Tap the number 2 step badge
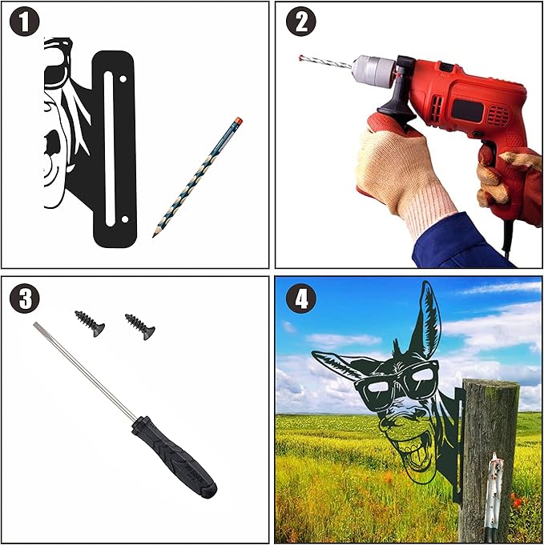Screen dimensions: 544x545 (300, 21)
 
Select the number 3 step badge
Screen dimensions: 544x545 (24, 299)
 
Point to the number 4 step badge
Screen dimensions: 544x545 (300, 299)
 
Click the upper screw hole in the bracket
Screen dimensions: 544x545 (123, 79)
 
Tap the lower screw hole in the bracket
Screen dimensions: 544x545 (125, 219)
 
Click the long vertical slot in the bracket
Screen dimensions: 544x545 (109, 149)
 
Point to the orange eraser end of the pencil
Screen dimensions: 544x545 (239, 121)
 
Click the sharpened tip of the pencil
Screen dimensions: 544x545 (154, 235)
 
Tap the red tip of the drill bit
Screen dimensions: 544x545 (300, 58)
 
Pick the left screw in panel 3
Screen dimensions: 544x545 (90, 323)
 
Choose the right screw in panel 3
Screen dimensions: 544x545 (140, 327)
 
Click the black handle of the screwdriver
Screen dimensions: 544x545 (174, 456)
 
